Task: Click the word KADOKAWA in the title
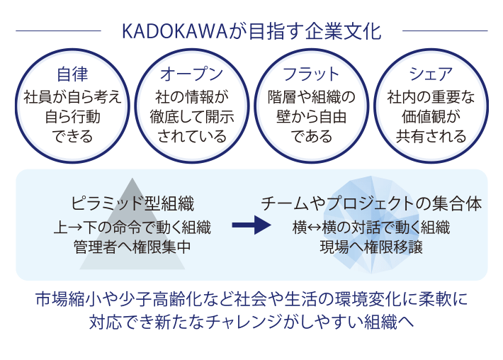tap(174, 31)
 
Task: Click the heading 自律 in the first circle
tap(72, 74)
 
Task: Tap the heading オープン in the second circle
tap(192, 74)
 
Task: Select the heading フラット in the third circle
tap(311, 74)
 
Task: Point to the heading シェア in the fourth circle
tap(431, 74)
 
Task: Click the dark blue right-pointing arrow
tap(252, 225)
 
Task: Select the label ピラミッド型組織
tap(132, 204)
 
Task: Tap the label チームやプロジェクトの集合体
tap(371, 204)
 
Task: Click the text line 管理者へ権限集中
tap(132, 247)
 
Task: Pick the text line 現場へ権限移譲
tap(371, 247)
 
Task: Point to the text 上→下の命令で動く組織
tap(132, 227)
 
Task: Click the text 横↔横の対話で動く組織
tap(371, 227)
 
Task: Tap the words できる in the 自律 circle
tap(72, 136)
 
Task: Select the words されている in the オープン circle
tap(192, 136)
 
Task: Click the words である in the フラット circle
tap(311, 136)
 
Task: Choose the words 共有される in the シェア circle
tap(431, 136)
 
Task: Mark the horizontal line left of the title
tap(58, 30)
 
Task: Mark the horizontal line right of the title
tap(445, 30)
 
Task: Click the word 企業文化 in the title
tap(343, 31)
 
